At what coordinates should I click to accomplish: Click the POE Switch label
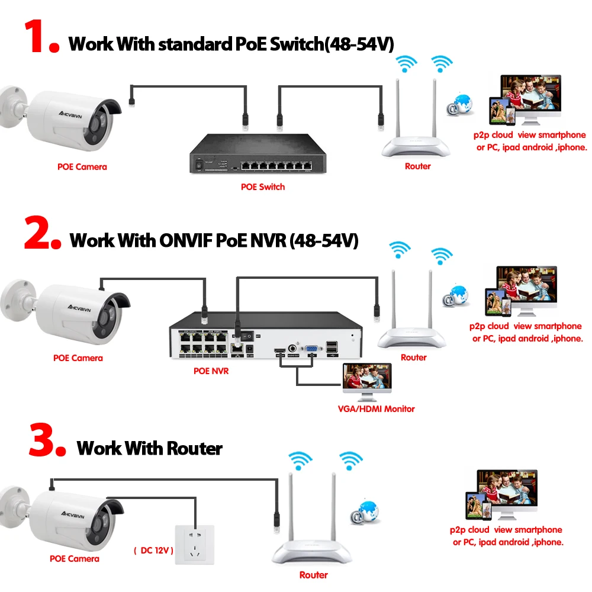(263, 187)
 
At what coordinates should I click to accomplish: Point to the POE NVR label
(211, 371)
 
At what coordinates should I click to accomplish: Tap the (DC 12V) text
(153, 551)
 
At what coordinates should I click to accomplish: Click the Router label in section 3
(313, 575)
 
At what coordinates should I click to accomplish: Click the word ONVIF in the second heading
(183, 240)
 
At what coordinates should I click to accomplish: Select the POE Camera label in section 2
(78, 358)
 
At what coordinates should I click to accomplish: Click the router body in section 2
(413, 337)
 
